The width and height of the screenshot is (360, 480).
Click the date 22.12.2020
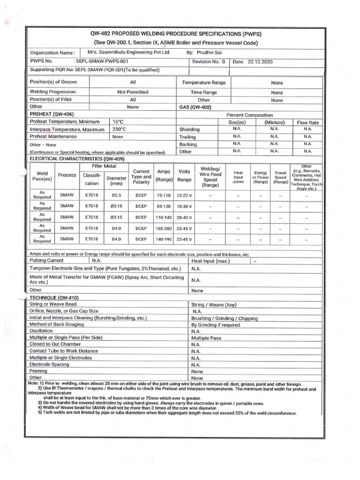coord(260,61)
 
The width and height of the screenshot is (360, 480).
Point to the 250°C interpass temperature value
coord(119,129)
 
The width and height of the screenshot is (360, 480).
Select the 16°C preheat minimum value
coord(117,121)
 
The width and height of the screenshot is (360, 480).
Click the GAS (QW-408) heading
coord(196,107)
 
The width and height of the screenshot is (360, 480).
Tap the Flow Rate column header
coord(307,122)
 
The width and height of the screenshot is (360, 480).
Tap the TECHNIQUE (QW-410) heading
coord(54,298)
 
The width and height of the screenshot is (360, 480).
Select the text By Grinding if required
coord(215,325)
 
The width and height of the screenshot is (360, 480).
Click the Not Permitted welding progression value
coord(133,92)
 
